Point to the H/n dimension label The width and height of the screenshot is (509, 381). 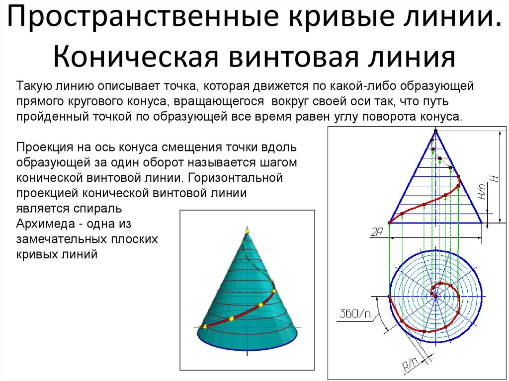tap(481, 190)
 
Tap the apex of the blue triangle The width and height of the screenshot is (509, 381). tap(435, 131)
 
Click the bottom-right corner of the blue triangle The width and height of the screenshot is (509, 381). tap(482, 223)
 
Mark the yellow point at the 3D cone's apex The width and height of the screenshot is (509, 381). tap(247, 231)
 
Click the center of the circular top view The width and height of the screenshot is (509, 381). tap(435, 295)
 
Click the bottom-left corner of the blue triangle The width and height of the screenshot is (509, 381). tap(389, 223)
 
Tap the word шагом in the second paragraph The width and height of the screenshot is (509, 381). tap(278, 162)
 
